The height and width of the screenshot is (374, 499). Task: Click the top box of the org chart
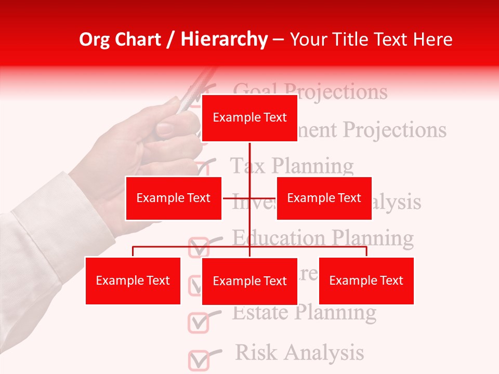click(249, 118)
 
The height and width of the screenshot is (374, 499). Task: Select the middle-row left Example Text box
click(173, 198)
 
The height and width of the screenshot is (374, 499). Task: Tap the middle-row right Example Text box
click(324, 198)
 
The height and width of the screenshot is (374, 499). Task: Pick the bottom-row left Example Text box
click(133, 280)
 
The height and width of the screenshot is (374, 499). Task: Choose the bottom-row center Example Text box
click(249, 281)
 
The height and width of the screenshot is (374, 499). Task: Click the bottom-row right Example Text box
click(366, 280)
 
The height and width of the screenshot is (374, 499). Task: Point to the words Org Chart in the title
click(120, 39)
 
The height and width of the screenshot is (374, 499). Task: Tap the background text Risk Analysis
click(299, 352)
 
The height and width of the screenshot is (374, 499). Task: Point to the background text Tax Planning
click(292, 166)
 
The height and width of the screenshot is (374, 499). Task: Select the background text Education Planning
click(322, 238)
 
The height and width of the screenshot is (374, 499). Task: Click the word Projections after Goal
click(343, 92)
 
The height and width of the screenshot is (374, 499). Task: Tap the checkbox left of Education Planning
click(198, 247)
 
